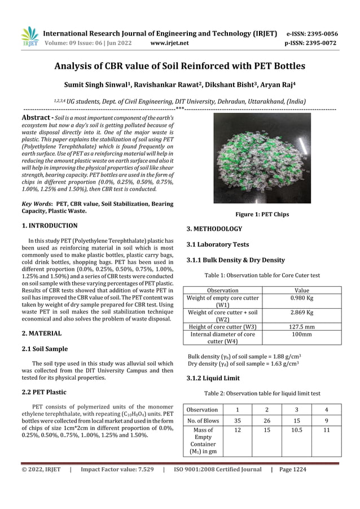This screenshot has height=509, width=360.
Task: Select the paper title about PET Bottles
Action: [x=179, y=67]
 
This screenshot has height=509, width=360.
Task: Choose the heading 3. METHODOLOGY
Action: [x=214, y=229]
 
